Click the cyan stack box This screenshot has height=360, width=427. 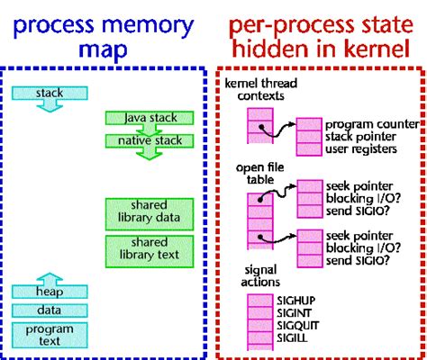(50, 93)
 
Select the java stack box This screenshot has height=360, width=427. (144, 118)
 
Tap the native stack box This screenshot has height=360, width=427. (144, 139)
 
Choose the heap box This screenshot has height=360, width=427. (50, 291)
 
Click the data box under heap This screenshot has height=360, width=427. (50, 310)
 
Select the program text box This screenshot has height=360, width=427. (50, 334)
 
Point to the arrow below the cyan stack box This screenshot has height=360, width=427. (50, 108)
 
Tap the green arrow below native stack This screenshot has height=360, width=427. (144, 155)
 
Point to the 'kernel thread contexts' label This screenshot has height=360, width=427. (262, 89)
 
